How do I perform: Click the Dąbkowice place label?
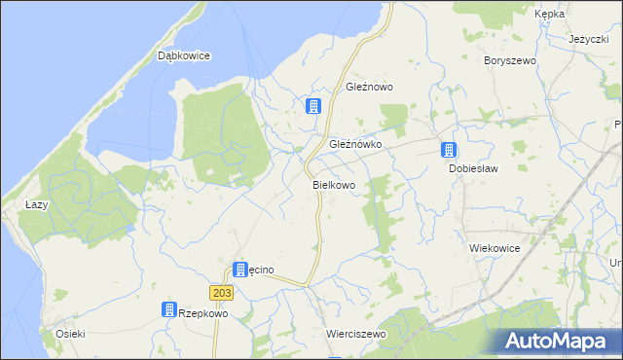184,55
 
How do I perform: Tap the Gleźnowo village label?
369,87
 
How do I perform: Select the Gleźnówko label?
355,143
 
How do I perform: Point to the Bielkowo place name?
333,184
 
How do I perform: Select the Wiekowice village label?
495,248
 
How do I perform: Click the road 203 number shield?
220,292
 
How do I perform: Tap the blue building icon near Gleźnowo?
313,106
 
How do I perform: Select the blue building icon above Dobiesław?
449,150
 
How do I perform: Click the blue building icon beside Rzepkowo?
168,309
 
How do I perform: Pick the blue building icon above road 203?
240,269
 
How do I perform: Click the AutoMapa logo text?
570,341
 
